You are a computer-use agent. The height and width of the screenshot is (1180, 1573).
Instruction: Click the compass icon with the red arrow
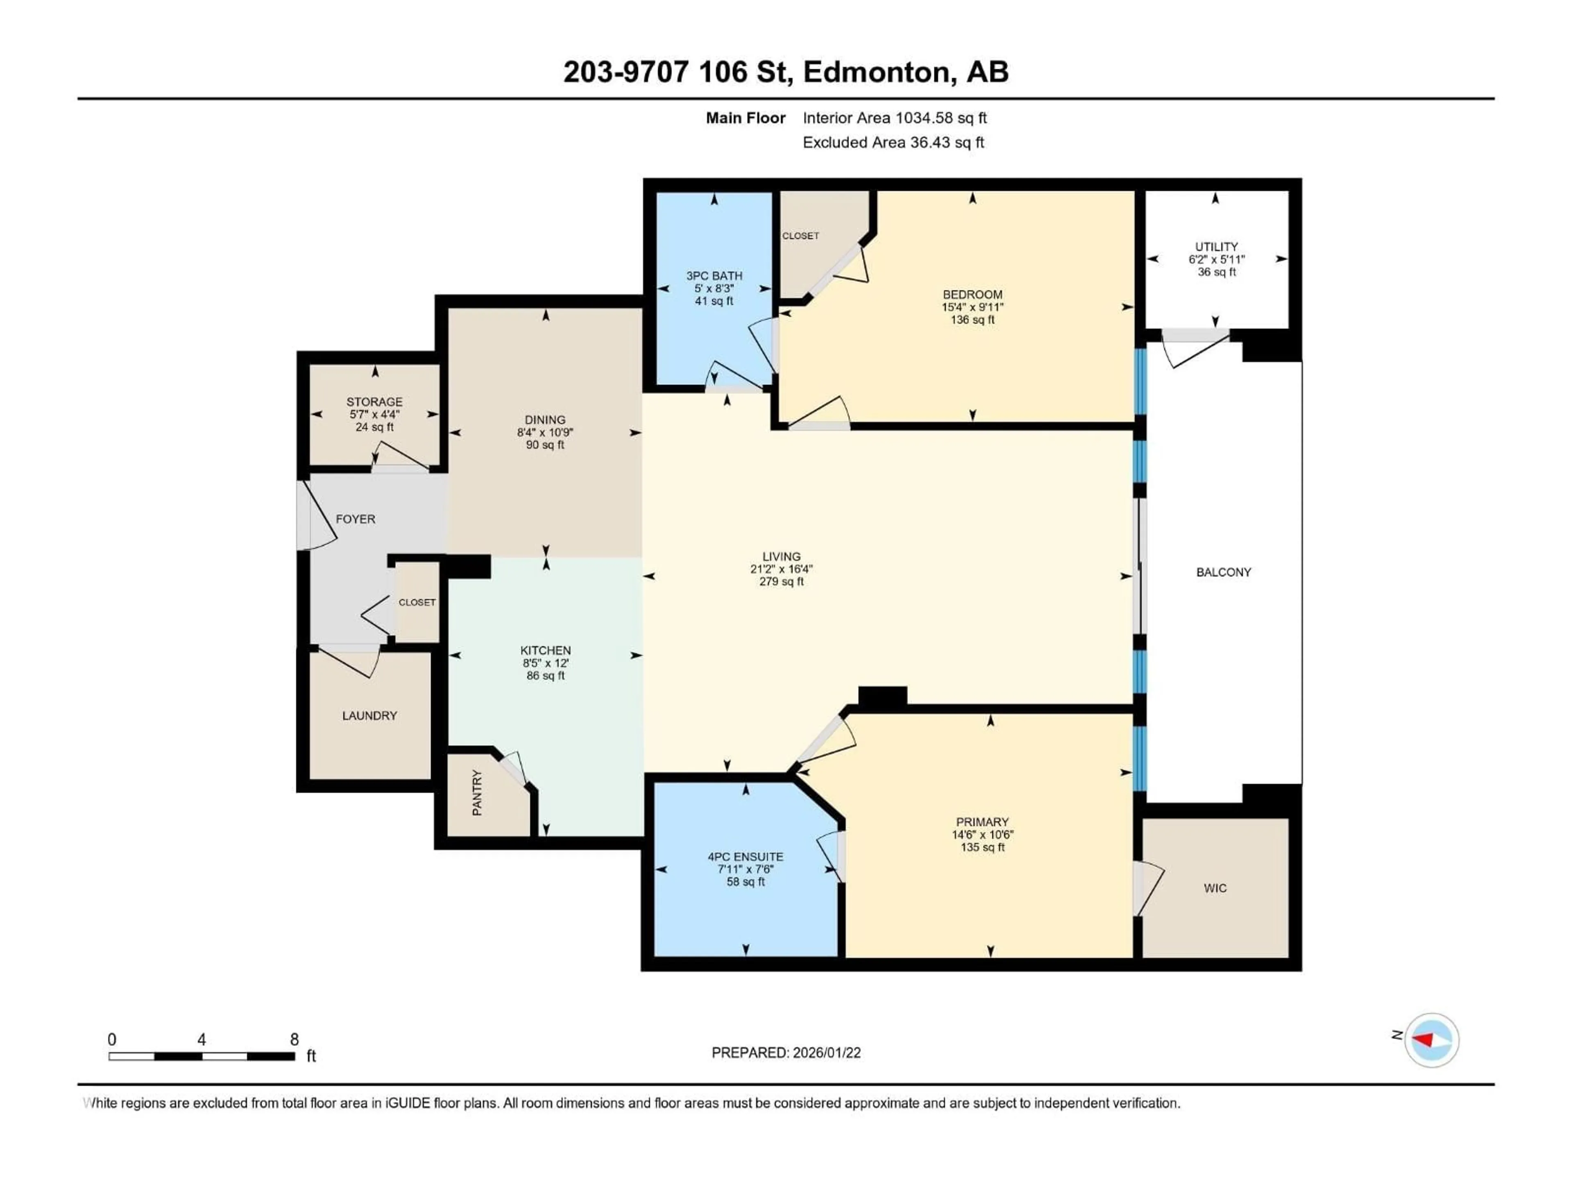point(1432,1040)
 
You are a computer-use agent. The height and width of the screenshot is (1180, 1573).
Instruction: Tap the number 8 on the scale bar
point(295,1039)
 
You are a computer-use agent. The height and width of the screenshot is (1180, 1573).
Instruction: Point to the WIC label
point(1215,888)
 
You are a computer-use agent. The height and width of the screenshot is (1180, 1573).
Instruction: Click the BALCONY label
point(1223,572)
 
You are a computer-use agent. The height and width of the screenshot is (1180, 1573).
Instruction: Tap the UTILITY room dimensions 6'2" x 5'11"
point(1217,260)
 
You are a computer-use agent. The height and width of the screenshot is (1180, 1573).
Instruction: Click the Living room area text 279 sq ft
point(782,581)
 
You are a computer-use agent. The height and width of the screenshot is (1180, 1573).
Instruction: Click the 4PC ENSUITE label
point(745,857)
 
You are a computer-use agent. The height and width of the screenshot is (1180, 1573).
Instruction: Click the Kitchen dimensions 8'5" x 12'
point(546,663)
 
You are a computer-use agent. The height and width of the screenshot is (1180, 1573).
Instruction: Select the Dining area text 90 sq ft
point(546,445)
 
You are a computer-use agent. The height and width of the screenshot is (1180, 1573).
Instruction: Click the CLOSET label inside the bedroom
point(801,236)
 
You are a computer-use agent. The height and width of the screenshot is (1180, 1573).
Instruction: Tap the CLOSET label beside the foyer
point(417,602)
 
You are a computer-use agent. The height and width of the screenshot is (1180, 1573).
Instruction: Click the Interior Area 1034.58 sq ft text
point(895,118)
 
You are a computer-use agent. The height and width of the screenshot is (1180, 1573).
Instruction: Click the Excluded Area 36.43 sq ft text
point(893,142)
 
